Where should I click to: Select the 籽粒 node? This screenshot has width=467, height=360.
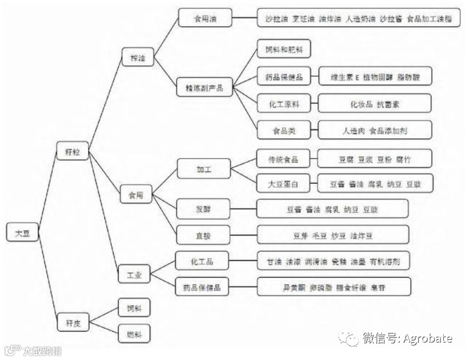click(72, 152)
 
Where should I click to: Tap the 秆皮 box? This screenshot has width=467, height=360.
click(72, 322)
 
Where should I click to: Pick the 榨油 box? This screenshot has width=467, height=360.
click(138, 58)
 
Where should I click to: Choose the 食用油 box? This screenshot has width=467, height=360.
click(205, 18)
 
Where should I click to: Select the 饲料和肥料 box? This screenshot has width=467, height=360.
click(284, 49)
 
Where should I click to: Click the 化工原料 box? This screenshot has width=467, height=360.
click(284, 104)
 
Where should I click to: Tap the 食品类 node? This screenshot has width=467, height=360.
click(284, 130)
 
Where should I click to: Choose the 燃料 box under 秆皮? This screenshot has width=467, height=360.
click(134, 334)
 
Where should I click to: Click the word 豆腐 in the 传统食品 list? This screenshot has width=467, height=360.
click(346, 159)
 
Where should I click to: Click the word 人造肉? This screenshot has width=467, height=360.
click(353, 131)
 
